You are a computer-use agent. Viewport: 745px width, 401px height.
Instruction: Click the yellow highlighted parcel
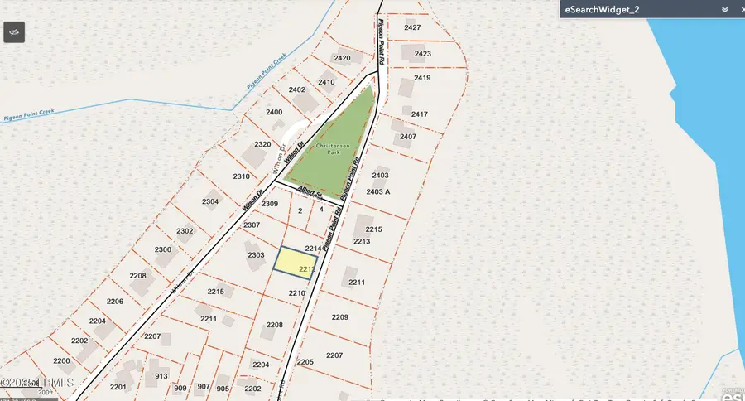click(295, 263)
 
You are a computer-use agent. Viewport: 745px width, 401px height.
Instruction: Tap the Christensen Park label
click(333, 148)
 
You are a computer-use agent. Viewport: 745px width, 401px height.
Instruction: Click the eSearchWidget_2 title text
click(602, 9)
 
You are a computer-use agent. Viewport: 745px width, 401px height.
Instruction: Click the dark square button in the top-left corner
click(14, 31)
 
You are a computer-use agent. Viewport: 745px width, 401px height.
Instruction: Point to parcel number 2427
click(412, 27)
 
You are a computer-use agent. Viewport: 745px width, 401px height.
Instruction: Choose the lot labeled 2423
click(423, 54)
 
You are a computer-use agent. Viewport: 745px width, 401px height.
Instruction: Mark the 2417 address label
click(420, 114)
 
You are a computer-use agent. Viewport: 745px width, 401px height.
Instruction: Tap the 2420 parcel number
click(342, 58)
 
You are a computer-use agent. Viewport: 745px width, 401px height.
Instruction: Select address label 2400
click(274, 112)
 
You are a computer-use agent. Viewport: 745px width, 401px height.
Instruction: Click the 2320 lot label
click(263, 144)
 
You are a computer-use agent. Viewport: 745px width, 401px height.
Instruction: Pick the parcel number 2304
click(210, 201)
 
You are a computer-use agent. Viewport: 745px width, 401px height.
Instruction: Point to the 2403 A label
click(377, 191)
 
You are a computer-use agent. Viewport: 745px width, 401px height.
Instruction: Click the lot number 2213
click(362, 241)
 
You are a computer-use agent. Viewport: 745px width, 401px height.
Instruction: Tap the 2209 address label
click(340, 317)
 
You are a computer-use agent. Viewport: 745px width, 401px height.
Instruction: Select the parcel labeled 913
click(161, 376)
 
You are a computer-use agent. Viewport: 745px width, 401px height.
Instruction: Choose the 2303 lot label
click(256, 255)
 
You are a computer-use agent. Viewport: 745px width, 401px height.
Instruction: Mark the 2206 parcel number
click(114, 301)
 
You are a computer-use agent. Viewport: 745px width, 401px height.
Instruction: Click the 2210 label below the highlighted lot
click(297, 293)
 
